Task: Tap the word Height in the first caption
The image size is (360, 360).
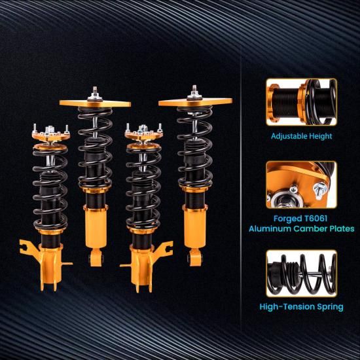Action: coord(321,136)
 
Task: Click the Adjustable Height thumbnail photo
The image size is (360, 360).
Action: coord(302,102)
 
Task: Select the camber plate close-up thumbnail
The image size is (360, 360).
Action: coord(302,185)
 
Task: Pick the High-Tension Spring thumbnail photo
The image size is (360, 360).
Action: coord(302,274)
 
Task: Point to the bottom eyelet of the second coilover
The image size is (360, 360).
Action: coord(96,258)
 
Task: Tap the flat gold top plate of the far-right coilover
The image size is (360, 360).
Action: coord(196,102)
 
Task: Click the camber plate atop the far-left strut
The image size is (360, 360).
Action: coord(51,136)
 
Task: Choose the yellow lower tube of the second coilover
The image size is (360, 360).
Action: coord(96,227)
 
